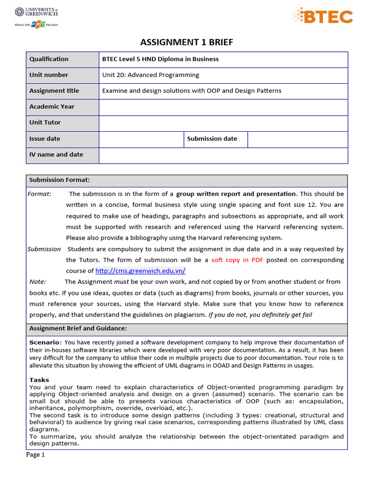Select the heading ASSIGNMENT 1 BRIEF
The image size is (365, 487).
point(187,42)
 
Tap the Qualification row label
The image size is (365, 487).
point(49,59)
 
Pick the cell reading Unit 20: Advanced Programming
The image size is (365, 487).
point(151,75)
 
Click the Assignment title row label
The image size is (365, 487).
point(54,91)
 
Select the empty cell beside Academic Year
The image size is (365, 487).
point(223,107)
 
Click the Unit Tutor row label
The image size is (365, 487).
point(45,123)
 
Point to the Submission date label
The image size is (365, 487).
point(212,139)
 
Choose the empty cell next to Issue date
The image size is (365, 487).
point(141,139)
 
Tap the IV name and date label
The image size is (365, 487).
point(56,155)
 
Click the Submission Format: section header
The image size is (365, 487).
point(59,180)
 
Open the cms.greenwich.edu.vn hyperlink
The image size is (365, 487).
point(140,271)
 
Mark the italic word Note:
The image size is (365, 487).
point(38,282)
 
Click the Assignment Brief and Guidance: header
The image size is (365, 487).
point(78,329)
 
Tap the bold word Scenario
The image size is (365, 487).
point(45,342)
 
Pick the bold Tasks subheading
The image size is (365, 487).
point(39,380)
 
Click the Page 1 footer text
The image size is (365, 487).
point(35,455)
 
